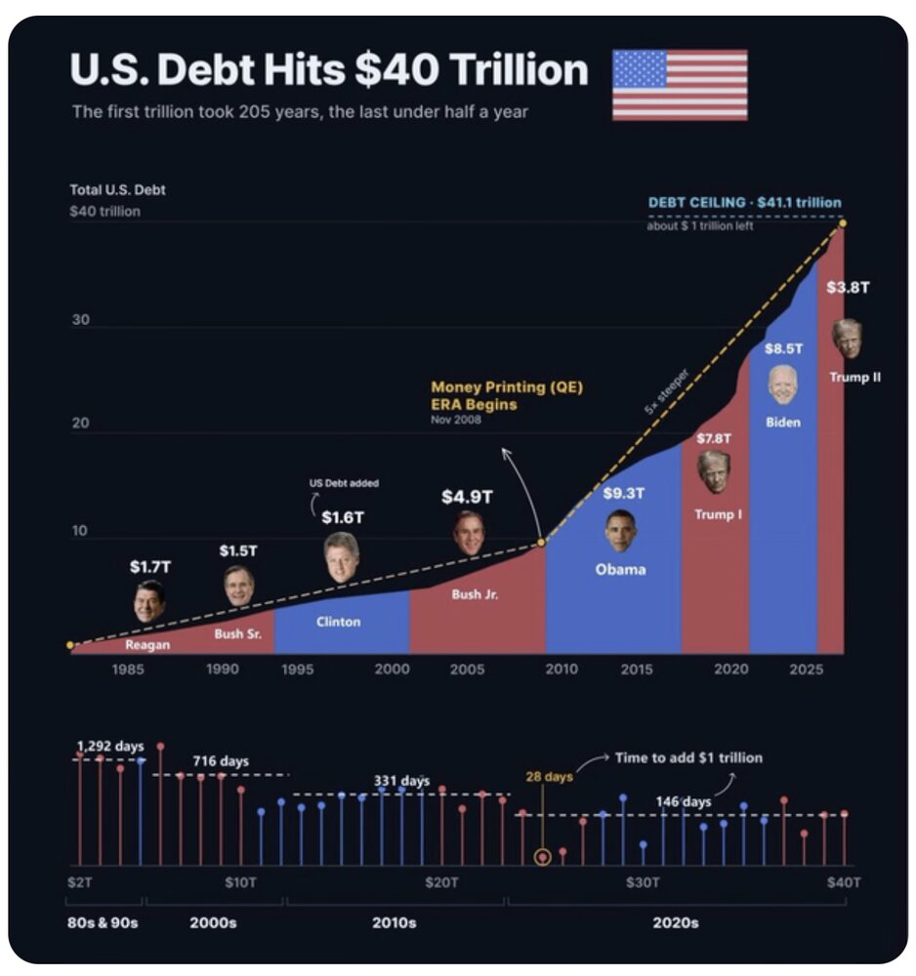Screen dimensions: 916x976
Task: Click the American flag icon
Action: [680, 85]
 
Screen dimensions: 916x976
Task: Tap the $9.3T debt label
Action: [623, 493]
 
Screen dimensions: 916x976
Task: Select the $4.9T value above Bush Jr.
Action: [467, 497]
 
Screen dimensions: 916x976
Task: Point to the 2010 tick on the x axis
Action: [562, 670]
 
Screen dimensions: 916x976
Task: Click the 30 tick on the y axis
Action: [80, 320]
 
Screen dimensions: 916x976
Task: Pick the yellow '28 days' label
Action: [549, 776]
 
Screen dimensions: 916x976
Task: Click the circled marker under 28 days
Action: [542, 857]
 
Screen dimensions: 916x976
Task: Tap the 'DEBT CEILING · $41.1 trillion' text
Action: [744, 202]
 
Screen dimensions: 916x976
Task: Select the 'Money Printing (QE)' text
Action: [507, 387]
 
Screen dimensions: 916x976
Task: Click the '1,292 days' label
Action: [110, 746]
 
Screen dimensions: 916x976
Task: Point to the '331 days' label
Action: [401, 781]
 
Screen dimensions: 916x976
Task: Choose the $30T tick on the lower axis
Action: [642, 882]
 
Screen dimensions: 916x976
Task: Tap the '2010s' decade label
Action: [395, 922]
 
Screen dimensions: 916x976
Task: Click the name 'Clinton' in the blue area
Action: [338, 621]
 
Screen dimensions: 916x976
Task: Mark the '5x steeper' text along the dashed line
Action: [666, 391]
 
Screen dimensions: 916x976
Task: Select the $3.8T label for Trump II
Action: [848, 287]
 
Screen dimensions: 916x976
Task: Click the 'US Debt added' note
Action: [344, 483]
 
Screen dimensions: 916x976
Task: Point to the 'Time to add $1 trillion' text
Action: [688, 757]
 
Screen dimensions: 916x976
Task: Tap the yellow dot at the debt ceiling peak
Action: [842, 223]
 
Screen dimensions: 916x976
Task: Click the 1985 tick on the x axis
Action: [128, 670]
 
